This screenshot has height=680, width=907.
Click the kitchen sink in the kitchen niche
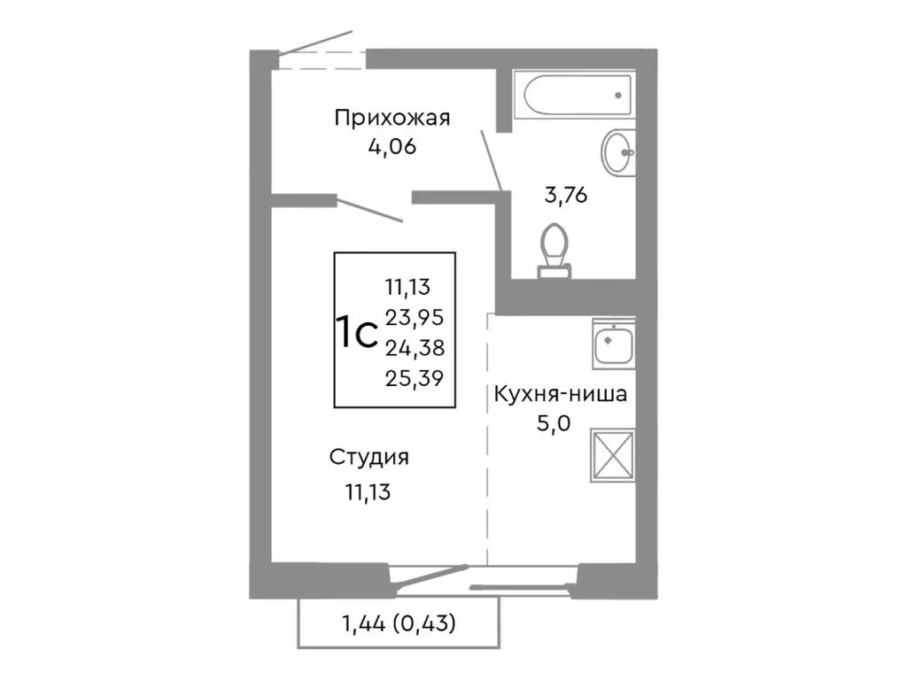(x=613, y=344)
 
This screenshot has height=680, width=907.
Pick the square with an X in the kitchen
(x=613, y=455)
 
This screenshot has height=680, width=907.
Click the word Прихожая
(x=392, y=118)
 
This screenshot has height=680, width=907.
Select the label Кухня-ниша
(x=560, y=394)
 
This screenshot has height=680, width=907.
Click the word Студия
(x=368, y=458)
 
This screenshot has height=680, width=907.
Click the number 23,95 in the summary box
(x=414, y=316)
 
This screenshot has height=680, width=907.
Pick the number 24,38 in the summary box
(x=414, y=346)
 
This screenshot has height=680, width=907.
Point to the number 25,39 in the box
(x=414, y=377)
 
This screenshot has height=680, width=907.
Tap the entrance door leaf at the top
(x=315, y=42)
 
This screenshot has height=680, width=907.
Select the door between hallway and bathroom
(x=492, y=160)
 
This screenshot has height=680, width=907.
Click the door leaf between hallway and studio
(x=370, y=211)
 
